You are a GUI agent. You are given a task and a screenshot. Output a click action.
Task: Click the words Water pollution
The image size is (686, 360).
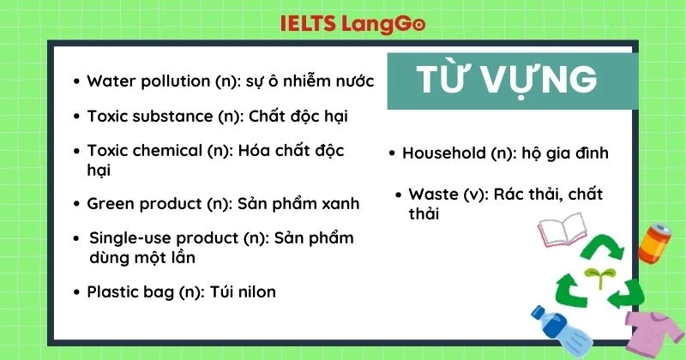[x=143, y=81]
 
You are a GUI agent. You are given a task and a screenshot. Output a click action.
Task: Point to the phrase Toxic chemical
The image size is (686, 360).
[x=142, y=151]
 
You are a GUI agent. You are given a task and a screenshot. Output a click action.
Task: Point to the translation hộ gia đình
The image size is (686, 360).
[x=563, y=153]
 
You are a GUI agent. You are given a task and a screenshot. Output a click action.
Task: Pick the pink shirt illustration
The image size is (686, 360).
[x=652, y=331]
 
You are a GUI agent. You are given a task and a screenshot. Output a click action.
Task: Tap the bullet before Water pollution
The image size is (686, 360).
[x=76, y=82]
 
